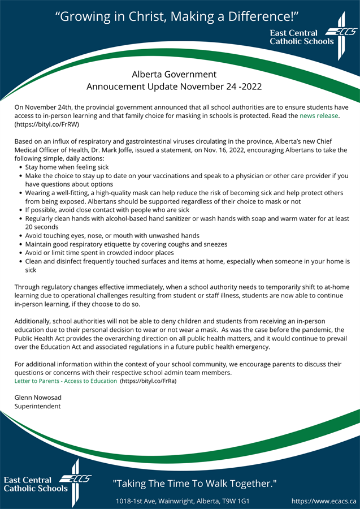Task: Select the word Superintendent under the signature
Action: click(x=37, y=406)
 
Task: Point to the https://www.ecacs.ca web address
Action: click(x=324, y=501)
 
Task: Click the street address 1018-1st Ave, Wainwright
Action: click(x=183, y=501)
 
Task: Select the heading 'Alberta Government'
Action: click(x=174, y=74)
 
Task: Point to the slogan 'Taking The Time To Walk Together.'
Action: click(x=194, y=484)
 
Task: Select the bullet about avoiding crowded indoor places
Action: click(x=99, y=252)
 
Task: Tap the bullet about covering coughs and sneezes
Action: click(x=126, y=244)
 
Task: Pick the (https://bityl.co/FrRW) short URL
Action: click(x=46, y=124)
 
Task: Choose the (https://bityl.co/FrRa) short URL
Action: click(x=148, y=381)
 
